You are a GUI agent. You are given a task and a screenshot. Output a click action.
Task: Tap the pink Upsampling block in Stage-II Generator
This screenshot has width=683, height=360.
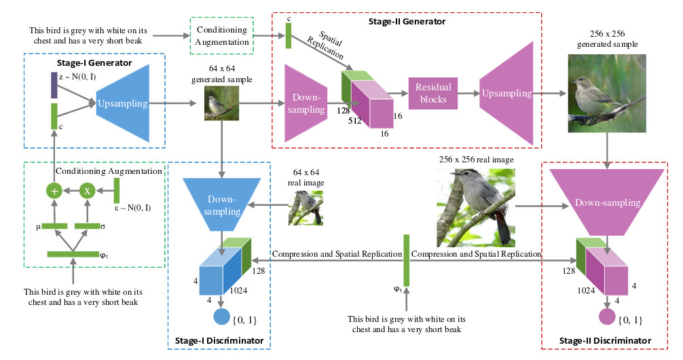(x=509, y=93)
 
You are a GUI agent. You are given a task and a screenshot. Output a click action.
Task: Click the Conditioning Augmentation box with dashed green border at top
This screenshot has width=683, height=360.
(x=221, y=36)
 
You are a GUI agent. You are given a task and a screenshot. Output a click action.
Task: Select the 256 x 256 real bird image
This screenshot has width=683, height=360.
(x=475, y=208)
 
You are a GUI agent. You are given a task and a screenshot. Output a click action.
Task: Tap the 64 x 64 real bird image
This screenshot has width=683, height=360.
(x=306, y=207)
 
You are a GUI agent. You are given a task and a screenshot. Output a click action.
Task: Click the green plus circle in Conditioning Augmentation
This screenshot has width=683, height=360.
(x=54, y=191)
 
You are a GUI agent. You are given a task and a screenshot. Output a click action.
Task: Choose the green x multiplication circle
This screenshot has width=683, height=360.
(x=87, y=191)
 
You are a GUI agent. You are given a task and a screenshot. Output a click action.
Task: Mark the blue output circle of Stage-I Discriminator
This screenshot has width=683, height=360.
(x=222, y=317)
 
